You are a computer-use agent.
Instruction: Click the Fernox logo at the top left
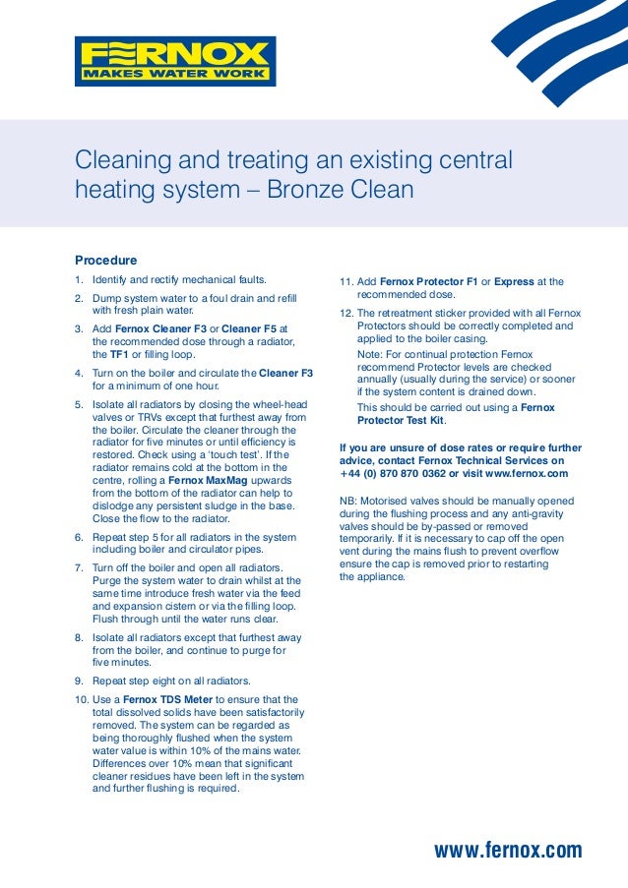click(175, 61)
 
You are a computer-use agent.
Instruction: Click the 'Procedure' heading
click(105, 261)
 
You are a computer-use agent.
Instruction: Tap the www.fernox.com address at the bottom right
click(508, 851)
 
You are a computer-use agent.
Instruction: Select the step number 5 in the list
click(79, 404)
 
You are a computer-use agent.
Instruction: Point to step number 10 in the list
click(81, 699)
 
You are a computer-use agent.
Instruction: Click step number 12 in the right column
click(345, 313)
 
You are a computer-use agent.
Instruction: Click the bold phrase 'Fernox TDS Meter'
click(167, 699)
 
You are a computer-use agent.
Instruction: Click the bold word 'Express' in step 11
click(514, 281)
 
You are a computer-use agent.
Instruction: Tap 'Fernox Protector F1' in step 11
click(428, 281)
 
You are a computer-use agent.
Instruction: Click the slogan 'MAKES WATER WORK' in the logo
click(174, 74)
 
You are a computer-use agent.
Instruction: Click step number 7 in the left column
click(79, 568)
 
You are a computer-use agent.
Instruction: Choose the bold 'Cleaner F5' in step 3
click(250, 328)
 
